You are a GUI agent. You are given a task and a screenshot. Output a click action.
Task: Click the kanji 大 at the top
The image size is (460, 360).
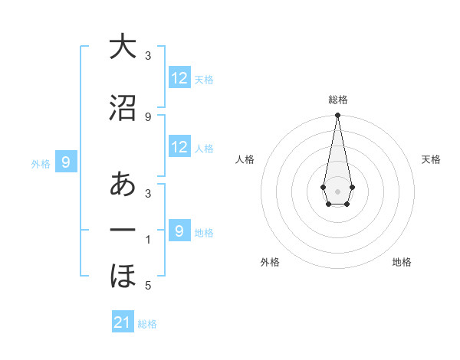coord(123,47)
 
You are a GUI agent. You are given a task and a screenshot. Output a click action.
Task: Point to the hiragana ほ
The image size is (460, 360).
coord(123,275)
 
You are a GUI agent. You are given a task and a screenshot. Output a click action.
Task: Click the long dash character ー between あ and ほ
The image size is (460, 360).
coord(123,231)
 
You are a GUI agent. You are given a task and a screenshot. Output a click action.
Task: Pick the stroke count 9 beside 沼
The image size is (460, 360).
coord(148,116)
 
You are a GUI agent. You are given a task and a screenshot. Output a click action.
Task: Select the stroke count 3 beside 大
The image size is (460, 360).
coord(148,56)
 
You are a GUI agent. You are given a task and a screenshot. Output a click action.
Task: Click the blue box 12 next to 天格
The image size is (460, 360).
coord(179,78)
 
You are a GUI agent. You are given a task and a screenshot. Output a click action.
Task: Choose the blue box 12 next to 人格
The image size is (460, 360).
coord(179,147)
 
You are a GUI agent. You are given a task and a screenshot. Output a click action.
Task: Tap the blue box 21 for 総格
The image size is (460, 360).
coord(123,322)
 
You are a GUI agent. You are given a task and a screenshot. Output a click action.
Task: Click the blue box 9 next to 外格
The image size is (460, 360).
coord(66,162)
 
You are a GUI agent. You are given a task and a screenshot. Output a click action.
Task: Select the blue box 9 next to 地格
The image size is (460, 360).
coord(179,231)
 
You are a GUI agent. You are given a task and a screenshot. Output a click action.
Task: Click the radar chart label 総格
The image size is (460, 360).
coord(338,100)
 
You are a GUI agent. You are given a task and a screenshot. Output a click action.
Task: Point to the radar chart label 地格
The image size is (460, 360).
coord(402,263)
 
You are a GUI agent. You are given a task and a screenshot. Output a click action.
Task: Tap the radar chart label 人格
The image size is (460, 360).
coord(245,159)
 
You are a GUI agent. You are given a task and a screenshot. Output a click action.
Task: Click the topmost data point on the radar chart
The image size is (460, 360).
coord(337,116)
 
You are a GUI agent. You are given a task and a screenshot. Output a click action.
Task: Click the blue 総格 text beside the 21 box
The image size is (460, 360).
coord(147,324)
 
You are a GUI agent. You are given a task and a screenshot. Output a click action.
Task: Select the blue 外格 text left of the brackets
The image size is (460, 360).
coord(41,163)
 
